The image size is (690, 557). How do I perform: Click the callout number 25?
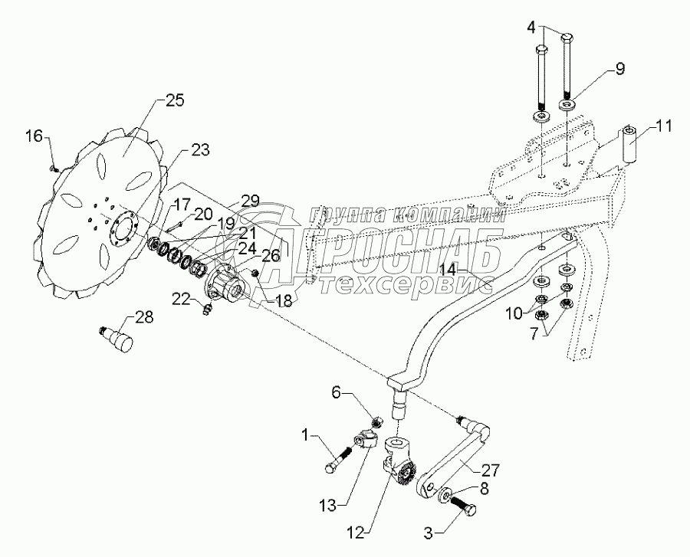[x=175, y=100]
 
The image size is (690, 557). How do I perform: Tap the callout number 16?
[x=34, y=136]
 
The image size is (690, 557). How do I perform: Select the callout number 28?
[x=143, y=317]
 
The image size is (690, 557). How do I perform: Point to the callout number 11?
[x=662, y=126]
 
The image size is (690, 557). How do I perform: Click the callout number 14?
[x=458, y=270]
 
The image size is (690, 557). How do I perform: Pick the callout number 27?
[x=490, y=471]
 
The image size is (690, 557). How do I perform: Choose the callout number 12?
[x=355, y=533]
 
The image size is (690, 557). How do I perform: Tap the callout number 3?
[x=428, y=534]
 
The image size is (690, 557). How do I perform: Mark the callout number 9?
[x=619, y=70]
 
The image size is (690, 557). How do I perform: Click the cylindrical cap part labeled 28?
[x=117, y=338]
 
